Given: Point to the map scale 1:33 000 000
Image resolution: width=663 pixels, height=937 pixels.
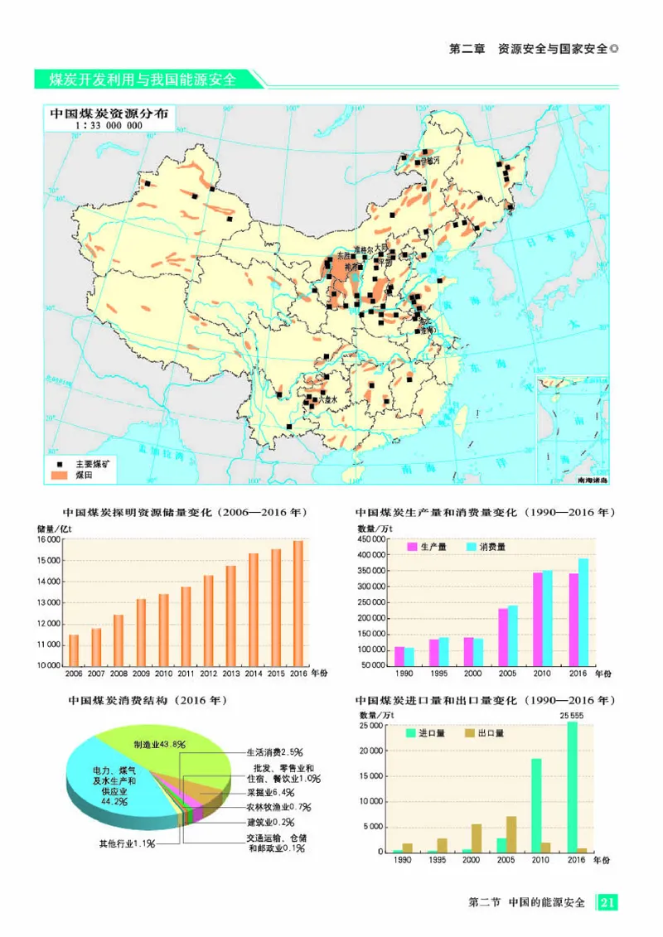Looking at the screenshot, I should (109, 126).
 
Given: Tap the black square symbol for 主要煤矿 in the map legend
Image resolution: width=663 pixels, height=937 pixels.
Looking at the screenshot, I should (59, 465).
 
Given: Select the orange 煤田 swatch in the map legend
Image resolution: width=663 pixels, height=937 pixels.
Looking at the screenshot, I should (59, 476).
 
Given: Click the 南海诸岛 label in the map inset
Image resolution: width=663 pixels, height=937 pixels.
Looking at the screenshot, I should (591, 481).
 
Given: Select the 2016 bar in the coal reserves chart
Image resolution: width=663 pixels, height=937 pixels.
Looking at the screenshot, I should (298, 602).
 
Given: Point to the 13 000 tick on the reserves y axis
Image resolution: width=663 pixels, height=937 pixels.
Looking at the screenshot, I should (49, 602).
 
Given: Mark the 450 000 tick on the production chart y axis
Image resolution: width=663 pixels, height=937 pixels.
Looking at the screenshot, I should (374, 539).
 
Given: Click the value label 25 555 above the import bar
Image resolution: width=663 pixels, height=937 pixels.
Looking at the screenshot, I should (572, 714).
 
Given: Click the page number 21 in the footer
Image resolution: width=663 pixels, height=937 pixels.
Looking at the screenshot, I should (607, 902).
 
